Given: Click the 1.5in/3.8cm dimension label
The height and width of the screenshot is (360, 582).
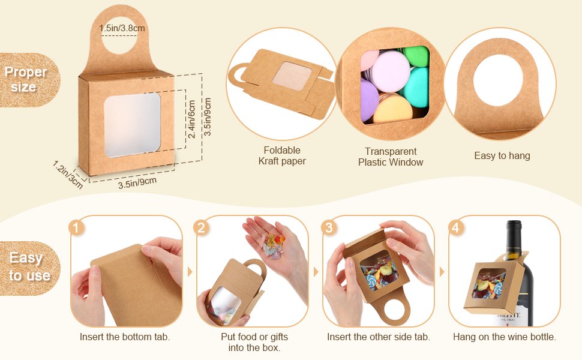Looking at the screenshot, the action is tap(122, 28).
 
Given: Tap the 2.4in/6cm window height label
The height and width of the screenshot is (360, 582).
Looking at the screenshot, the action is tap(191, 119).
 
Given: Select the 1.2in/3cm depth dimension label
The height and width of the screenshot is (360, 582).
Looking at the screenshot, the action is tap(68, 174).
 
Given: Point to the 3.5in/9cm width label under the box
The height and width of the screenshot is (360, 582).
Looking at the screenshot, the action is tap(137, 182).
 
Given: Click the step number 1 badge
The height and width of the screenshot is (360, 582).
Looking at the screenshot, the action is tap(76, 227).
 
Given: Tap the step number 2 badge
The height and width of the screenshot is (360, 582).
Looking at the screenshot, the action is tap(201, 227).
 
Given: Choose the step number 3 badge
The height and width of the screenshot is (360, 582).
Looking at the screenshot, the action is tap(328, 227).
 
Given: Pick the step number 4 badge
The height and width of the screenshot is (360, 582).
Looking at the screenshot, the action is tap(455, 227).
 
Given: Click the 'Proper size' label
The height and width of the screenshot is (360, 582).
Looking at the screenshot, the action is tap(25, 79).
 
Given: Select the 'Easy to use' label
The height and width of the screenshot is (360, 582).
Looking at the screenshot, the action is tap(29, 266).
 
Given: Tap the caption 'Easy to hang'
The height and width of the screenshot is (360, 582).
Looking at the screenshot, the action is tap(502, 155).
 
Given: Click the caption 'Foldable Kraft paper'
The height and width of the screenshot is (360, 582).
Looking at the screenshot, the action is tap(282, 155).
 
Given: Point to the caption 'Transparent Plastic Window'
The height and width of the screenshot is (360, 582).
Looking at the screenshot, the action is tap(391, 157).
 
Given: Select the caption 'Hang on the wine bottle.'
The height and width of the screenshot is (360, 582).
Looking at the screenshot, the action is tap(505, 337).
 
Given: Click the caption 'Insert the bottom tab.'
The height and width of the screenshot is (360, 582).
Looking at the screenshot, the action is tap(125, 337).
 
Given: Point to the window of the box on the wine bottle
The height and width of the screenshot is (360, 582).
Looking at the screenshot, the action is tap(488, 283).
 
